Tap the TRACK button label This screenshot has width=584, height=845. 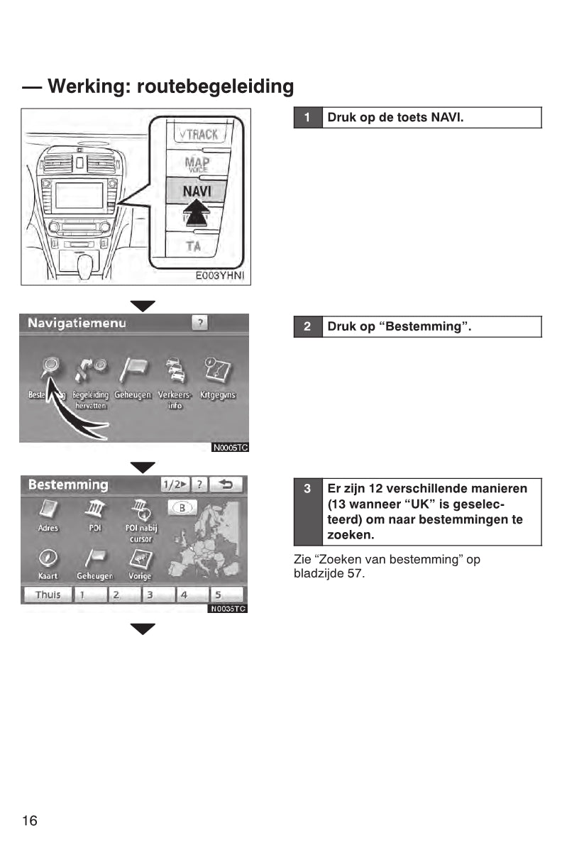[x=198, y=133]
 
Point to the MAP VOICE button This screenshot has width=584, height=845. [x=197, y=165]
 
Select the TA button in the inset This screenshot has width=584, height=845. [x=193, y=246]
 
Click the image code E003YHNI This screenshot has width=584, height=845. [x=221, y=276]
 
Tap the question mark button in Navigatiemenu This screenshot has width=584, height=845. [x=200, y=324]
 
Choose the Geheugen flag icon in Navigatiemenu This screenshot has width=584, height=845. [x=133, y=369]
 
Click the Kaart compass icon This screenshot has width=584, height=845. [x=48, y=558]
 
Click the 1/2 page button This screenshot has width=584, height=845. [x=175, y=485]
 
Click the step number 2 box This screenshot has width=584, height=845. [x=307, y=327]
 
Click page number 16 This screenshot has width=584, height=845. [x=30, y=821]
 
